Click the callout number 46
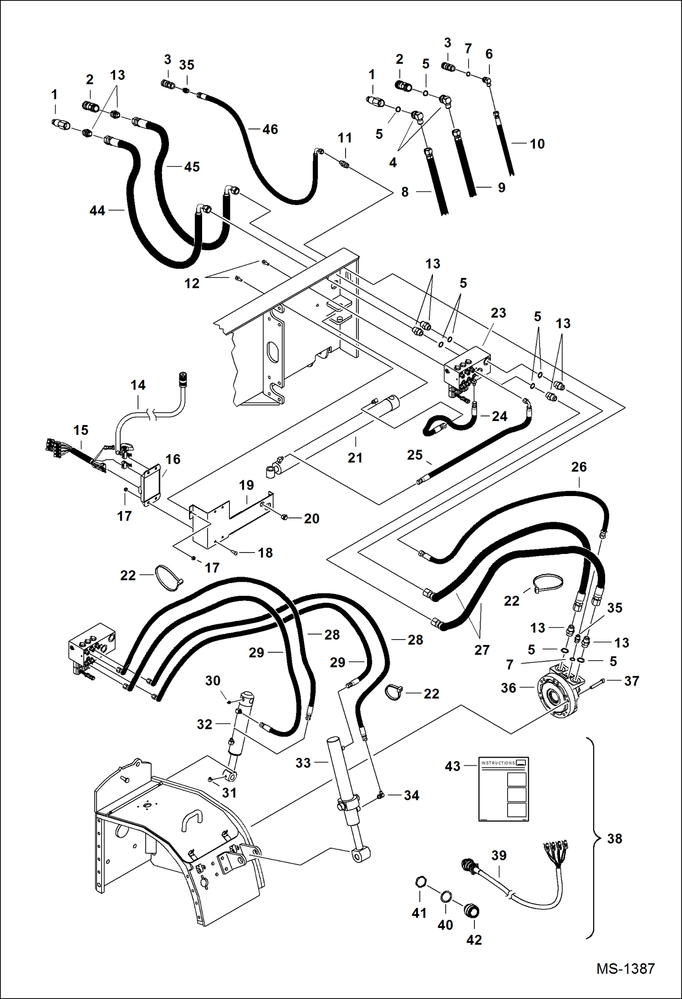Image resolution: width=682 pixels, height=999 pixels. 270,129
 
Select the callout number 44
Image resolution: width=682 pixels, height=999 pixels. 97,210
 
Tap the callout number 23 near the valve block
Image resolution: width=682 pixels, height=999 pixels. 498,313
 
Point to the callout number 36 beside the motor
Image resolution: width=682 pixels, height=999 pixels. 508,688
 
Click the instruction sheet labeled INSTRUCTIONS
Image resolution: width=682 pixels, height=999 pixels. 504,789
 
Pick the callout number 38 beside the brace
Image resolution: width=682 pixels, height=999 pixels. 614,839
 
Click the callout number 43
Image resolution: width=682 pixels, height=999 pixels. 453,766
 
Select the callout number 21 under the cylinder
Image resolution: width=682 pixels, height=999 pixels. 355,458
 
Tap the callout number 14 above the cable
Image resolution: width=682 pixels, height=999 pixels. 138,385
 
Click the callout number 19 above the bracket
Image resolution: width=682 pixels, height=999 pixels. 246,485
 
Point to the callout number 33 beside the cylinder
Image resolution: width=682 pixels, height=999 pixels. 303,763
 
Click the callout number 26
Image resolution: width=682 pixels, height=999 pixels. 579,467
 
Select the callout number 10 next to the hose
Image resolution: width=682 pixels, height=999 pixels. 537,144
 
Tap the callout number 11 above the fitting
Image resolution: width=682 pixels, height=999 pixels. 345,138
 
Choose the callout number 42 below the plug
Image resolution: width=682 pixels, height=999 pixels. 473,940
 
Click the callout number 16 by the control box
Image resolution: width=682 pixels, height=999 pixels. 173,459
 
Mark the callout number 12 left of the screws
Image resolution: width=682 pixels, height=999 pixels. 192,283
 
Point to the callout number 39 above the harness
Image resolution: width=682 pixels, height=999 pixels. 499,856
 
